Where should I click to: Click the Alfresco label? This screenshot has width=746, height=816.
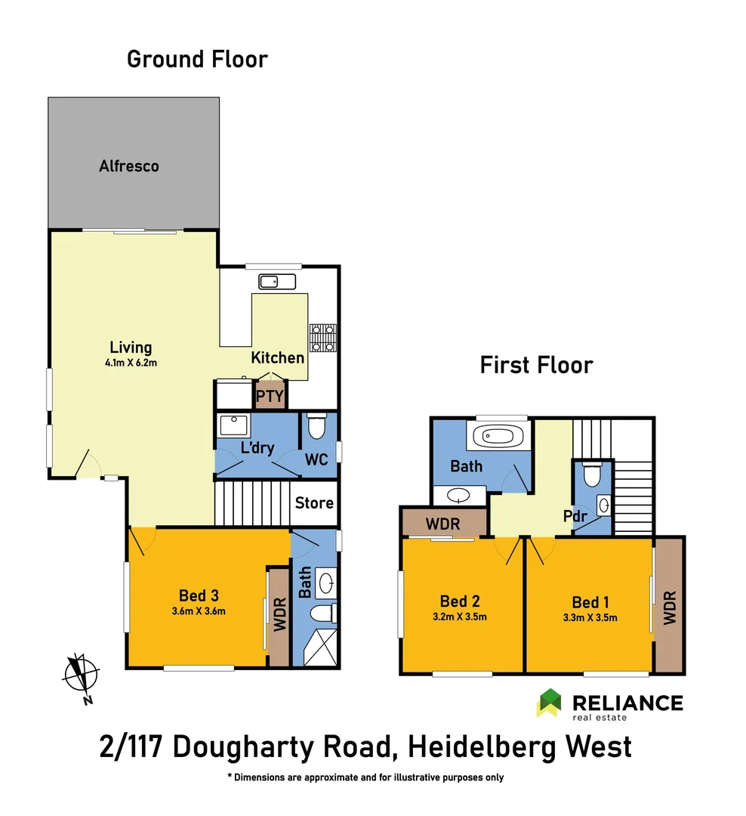point(129,166)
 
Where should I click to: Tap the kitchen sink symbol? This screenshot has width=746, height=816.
point(277,282)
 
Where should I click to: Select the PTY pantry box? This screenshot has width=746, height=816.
point(270,396)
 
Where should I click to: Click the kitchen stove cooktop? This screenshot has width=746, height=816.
point(324,338)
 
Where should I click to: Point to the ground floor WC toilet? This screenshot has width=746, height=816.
point(316,428)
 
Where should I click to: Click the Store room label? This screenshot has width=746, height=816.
point(314,503)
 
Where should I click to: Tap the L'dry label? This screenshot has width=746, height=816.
point(257,448)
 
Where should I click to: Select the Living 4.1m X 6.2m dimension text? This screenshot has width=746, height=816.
point(131,363)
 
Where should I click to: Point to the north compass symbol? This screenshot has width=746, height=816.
point(82,674)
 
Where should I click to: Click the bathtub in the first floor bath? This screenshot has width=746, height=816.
point(498,436)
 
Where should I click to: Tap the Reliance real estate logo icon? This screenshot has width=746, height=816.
point(549,703)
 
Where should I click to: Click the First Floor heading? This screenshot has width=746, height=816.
point(536,366)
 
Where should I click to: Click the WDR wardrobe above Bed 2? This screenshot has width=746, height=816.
point(443,523)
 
